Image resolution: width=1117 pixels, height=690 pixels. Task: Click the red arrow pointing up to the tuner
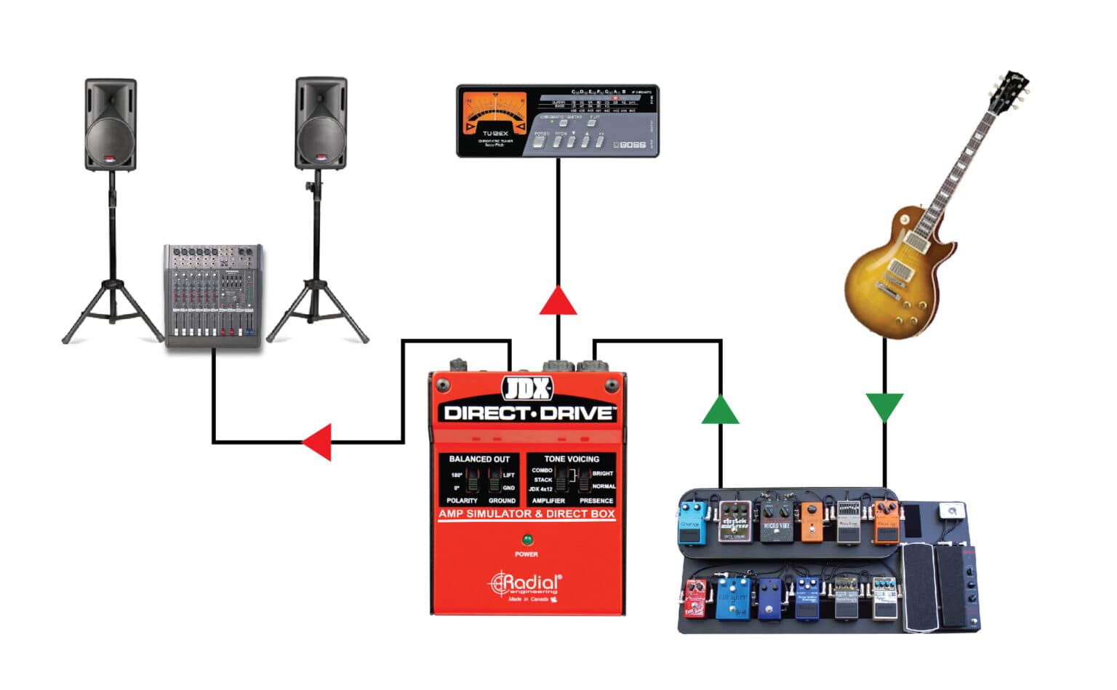click(x=558, y=302)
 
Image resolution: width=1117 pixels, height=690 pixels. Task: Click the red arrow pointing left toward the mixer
click(x=319, y=441)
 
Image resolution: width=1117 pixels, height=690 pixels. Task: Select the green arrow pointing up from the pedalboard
click(x=720, y=411)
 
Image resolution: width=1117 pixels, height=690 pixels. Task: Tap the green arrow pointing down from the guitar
click(x=884, y=406)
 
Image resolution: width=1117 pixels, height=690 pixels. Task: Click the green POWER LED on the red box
click(x=527, y=539)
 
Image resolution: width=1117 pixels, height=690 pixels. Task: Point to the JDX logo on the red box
click(x=528, y=389)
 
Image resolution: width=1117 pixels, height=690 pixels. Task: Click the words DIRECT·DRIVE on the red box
click(x=529, y=413)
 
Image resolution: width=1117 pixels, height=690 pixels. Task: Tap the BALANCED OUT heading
click(x=479, y=459)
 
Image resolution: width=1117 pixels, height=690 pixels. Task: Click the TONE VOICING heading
click(x=572, y=459)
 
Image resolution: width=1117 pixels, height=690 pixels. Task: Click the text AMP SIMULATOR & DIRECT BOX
click(x=527, y=513)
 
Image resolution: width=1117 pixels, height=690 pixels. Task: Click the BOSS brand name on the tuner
click(x=630, y=145)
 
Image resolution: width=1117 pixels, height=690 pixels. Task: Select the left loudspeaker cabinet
click(x=111, y=125)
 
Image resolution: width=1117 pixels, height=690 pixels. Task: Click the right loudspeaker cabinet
click(x=321, y=124)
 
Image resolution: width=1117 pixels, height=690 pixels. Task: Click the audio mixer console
click(x=212, y=295)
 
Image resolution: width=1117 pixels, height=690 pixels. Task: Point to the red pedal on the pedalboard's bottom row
click(x=695, y=598)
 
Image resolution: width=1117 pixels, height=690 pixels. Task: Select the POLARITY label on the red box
click(x=462, y=500)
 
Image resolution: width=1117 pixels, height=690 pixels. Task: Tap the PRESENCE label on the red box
click(x=596, y=500)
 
